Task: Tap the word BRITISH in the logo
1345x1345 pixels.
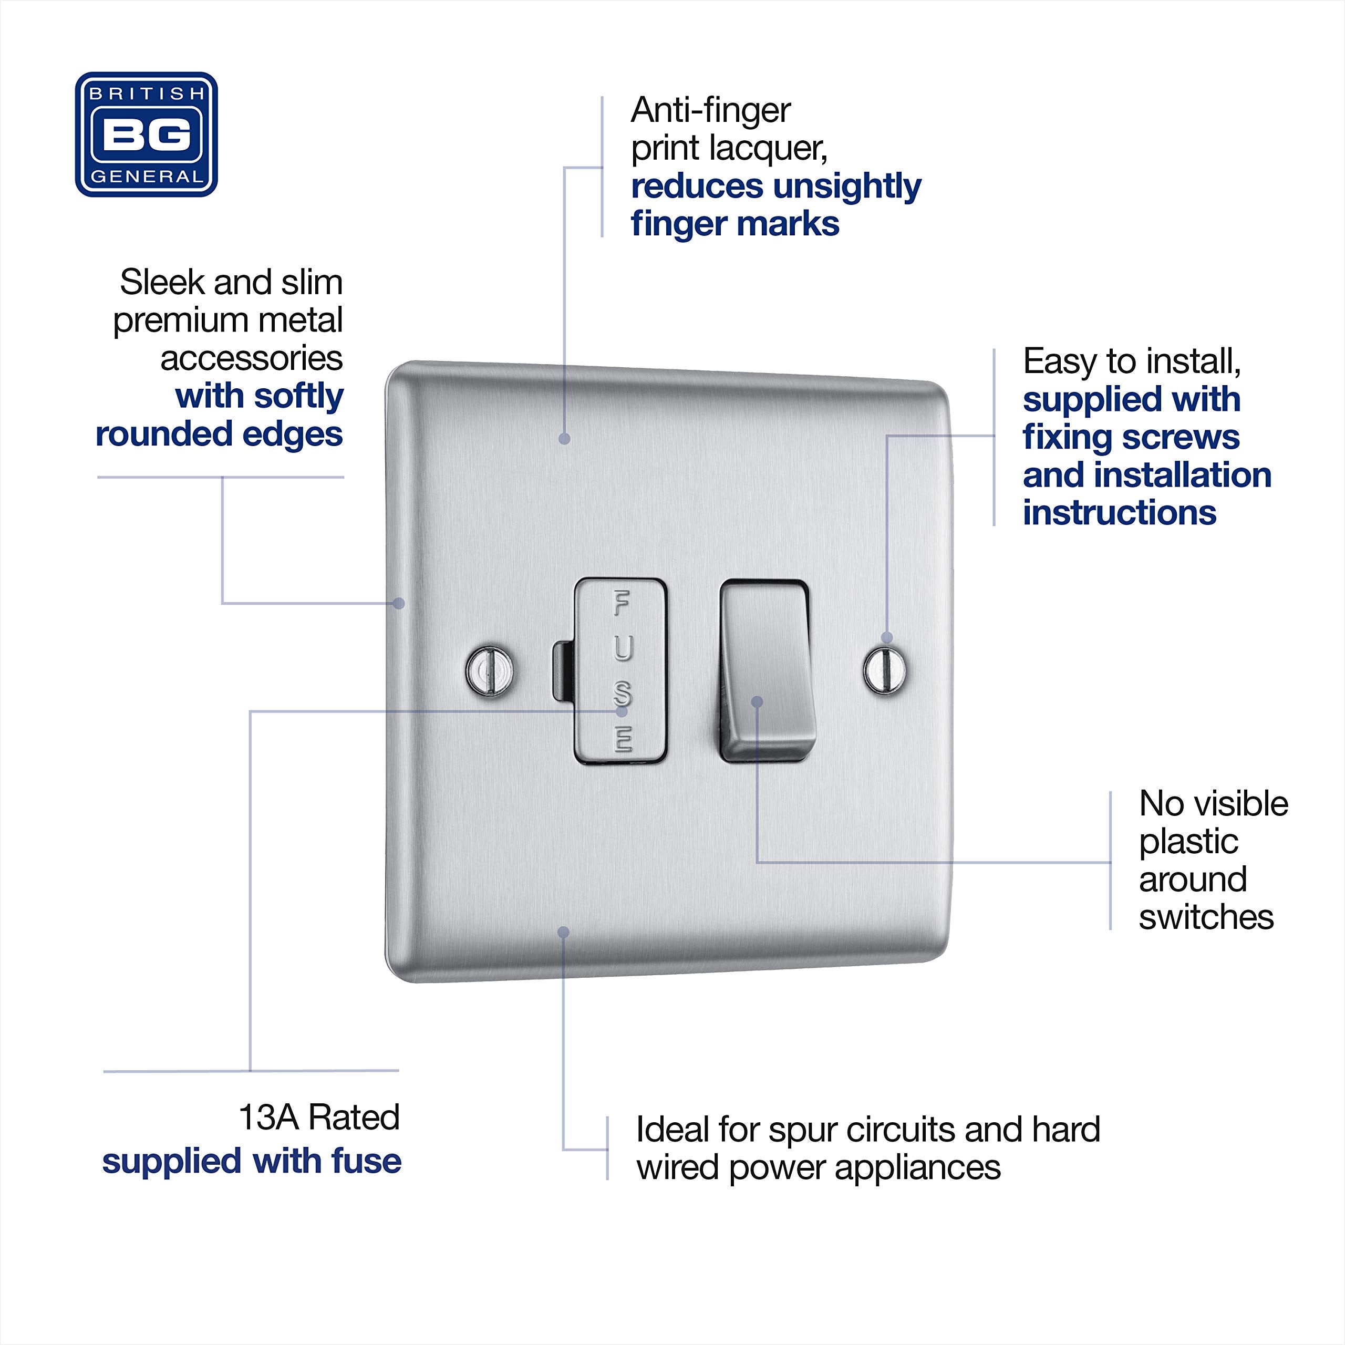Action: click(146, 94)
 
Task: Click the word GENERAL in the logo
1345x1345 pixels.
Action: click(146, 177)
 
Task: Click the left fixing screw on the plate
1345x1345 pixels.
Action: click(490, 670)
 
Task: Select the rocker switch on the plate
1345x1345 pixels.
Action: click(766, 668)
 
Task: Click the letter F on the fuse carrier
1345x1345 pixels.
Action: click(621, 603)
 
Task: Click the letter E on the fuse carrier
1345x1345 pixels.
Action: click(623, 739)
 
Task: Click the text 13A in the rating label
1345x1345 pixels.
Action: click(268, 1118)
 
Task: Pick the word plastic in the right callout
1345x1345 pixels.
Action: click(1188, 842)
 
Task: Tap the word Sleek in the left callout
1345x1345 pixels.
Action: click(163, 283)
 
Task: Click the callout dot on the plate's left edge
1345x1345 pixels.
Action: click(399, 603)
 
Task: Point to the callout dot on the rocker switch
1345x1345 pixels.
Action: click(758, 702)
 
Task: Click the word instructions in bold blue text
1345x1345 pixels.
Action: click(1119, 513)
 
